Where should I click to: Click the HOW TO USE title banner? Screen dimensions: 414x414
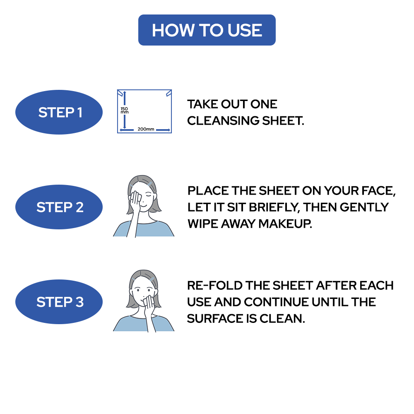tap(207, 30)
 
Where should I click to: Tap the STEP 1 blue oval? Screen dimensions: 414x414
tap(59, 112)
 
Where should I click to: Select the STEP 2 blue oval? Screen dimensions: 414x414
tap(59, 207)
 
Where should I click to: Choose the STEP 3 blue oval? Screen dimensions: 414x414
tap(59, 302)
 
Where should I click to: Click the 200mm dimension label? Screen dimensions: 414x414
tap(145, 130)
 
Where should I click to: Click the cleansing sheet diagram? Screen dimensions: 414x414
tap(144, 111)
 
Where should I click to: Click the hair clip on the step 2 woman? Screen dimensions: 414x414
tap(151, 184)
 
